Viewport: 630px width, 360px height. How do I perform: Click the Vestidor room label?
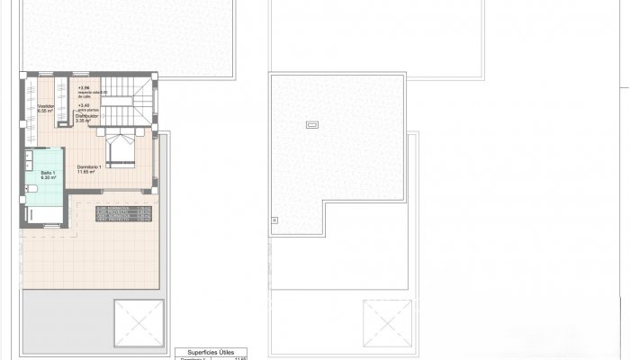point(46,106)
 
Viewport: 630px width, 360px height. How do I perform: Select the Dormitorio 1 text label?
point(92,166)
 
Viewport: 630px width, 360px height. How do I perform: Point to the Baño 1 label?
point(48,172)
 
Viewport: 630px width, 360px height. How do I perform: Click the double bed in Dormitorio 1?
point(121,148)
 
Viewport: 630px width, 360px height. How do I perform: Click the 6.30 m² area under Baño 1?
point(48,177)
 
